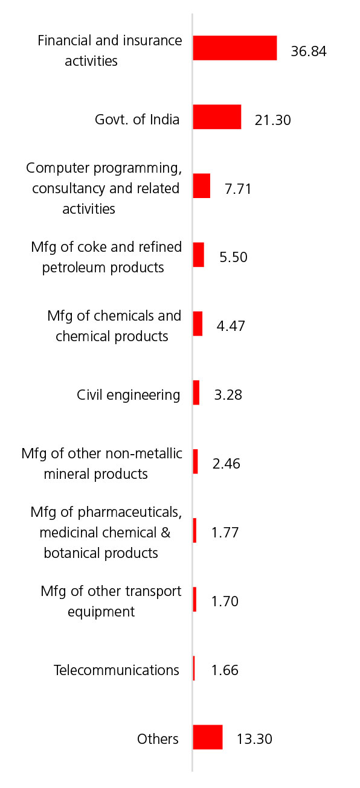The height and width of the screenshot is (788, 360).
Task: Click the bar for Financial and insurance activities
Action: pyautogui.click(x=235, y=48)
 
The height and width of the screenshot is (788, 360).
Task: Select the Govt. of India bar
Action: pyautogui.click(x=217, y=117)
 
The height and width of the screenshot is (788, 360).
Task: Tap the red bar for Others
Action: pyautogui.click(x=208, y=737)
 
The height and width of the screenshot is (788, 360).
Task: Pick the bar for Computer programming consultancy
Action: pyautogui.click(x=201, y=186)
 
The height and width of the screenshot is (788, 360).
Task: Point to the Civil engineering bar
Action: pyautogui.click(x=196, y=392)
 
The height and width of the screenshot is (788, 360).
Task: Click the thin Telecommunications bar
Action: pyautogui.click(x=194, y=668)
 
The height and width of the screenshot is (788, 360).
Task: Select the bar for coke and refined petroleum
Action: pyautogui.click(x=199, y=255)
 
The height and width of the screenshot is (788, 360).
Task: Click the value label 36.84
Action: pyautogui.click(x=309, y=51)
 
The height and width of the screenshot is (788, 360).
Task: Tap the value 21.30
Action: pyautogui.click(x=273, y=120)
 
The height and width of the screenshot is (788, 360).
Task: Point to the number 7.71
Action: pyautogui.click(x=238, y=189)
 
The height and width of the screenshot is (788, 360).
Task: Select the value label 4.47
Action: pyautogui.click(x=231, y=326)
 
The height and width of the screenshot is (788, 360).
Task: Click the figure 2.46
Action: pyautogui.click(x=227, y=464)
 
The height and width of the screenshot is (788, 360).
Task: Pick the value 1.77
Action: pyautogui.click(x=225, y=533)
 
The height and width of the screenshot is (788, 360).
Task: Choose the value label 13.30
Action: pyautogui.click(x=254, y=739)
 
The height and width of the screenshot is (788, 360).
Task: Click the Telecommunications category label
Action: pyautogui.click(x=117, y=670)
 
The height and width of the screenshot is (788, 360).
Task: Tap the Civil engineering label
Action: pyautogui.click(x=129, y=395)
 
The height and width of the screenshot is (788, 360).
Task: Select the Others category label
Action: pyautogui.click(x=158, y=739)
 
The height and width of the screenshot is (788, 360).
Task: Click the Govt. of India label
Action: pyautogui.click(x=137, y=120)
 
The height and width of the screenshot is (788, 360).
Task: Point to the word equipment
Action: pyautogui.click(x=101, y=612)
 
